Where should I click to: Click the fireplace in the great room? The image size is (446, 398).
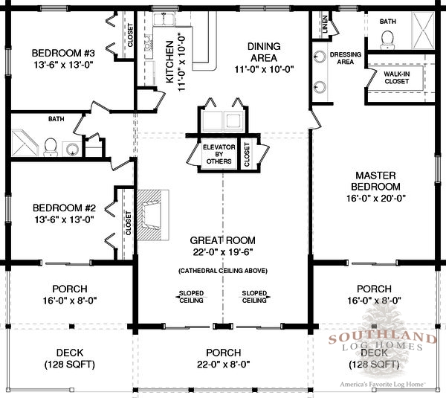153,215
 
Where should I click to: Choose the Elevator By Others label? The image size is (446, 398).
219,154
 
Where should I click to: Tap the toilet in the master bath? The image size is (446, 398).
387,39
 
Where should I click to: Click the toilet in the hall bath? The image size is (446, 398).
51,147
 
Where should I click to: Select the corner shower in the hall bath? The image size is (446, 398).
25,143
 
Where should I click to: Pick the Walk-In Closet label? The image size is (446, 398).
396,77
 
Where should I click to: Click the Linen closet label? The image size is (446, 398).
325,24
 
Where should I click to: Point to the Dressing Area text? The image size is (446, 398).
346,58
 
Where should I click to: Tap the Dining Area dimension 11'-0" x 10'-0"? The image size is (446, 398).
264,69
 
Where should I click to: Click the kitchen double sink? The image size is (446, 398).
164,19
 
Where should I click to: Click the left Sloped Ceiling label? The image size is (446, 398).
191,297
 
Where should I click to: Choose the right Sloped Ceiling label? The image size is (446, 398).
254,297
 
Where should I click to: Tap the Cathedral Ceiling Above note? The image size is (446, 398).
223,271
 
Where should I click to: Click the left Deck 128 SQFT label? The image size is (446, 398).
70,359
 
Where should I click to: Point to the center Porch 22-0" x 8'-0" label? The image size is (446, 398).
224,359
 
